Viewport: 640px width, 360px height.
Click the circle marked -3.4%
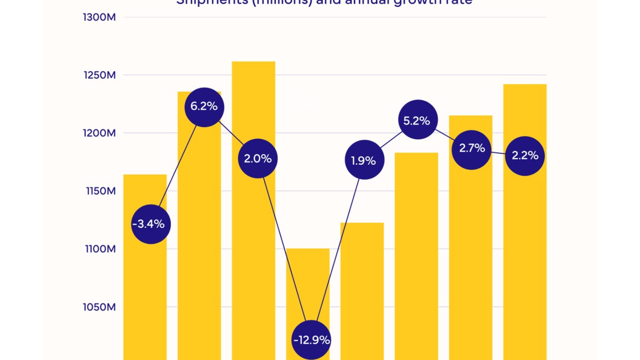point(151,224)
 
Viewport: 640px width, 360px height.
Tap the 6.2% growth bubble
point(204,106)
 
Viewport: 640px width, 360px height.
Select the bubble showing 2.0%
point(258,158)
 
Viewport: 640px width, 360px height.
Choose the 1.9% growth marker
point(364,160)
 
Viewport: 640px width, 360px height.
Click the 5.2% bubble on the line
point(417,121)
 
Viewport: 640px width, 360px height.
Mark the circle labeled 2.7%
point(471,148)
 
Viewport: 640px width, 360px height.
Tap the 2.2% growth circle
point(525,156)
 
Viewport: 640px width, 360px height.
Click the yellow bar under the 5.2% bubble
point(417,256)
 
